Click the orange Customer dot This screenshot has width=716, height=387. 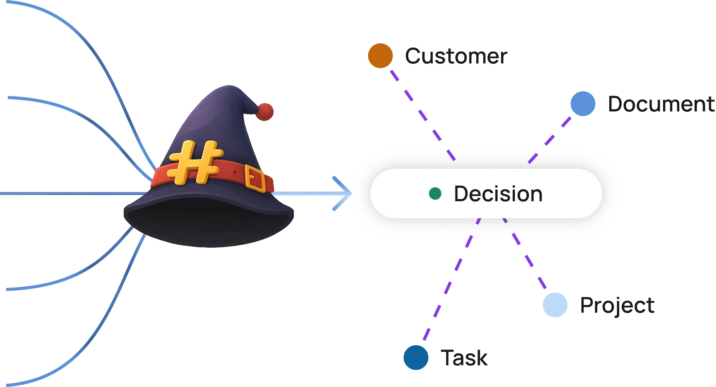coord(380,56)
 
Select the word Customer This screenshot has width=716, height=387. coord(456,56)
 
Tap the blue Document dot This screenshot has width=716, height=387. coord(583,104)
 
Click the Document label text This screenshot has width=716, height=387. coord(661,104)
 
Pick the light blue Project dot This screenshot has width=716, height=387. coord(555,305)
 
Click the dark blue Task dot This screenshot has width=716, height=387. coord(416,358)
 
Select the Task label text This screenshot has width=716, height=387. coord(464,358)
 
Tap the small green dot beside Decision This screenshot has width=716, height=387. coord(435,193)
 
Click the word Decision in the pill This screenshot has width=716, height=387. coord(498,193)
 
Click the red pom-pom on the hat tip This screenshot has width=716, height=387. coord(265,112)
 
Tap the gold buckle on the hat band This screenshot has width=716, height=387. coord(255,178)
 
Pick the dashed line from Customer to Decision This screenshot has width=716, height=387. coord(423,115)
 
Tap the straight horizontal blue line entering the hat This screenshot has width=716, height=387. coord(73,193)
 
